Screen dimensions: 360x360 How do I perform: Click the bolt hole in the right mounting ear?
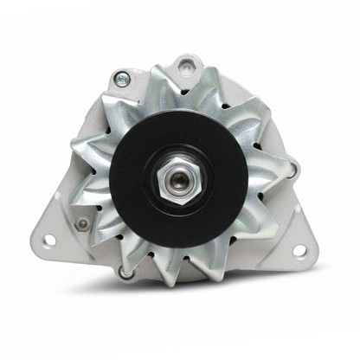pyautogui.click(x=300, y=251)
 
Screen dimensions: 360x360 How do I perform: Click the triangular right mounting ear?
pyautogui.click(x=290, y=238)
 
